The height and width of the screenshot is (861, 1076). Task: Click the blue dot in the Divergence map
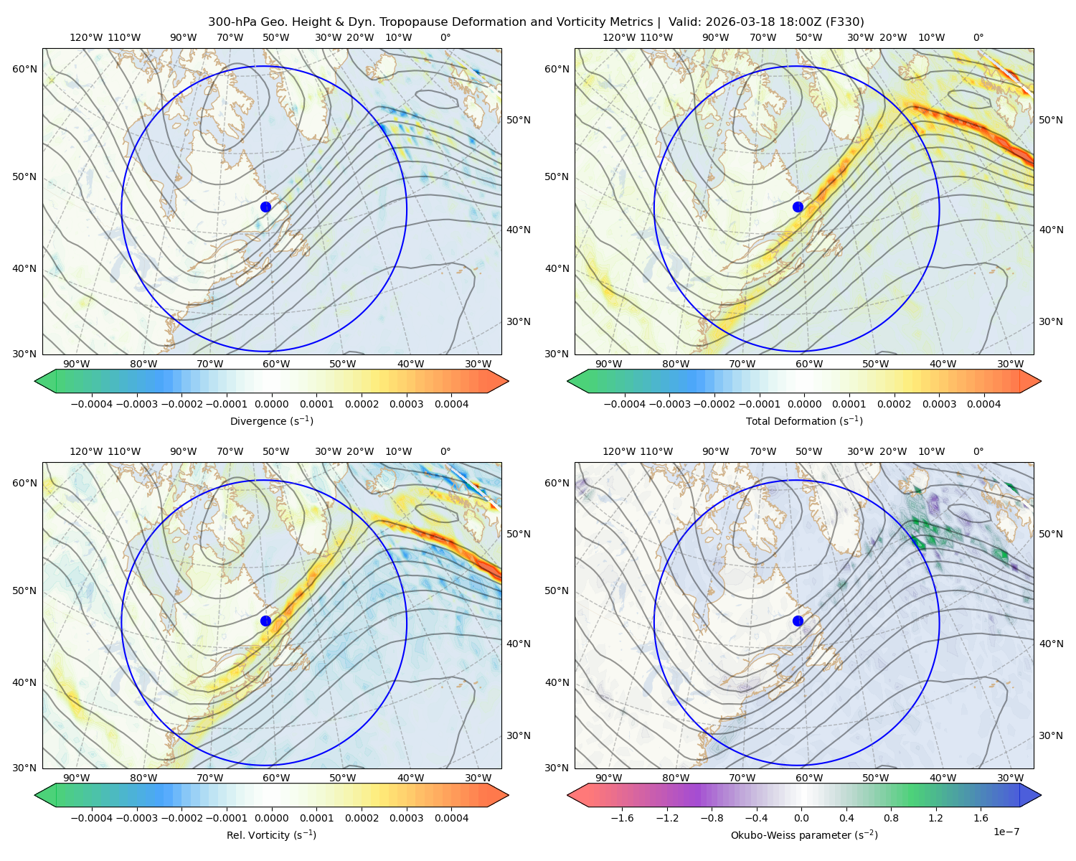click(x=265, y=207)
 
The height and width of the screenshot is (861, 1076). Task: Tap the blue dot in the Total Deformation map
click(x=798, y=207)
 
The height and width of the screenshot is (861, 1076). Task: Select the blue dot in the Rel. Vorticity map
click(x=265, y=621)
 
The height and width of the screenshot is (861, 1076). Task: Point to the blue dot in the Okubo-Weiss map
click(x=798, y=621)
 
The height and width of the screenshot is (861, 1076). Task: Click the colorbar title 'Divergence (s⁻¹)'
click(x=271, y=420)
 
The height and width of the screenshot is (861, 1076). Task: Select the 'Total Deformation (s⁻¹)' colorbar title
click(x=804, y=420)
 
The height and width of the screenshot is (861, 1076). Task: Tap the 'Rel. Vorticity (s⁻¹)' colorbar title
click(x=271, y=835)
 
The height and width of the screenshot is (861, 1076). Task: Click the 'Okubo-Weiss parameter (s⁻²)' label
click(x=804, y=835)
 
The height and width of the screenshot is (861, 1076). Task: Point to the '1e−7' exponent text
click(x=1006, y=832)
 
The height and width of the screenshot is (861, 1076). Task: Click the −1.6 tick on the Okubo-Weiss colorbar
click(x=622, y=818)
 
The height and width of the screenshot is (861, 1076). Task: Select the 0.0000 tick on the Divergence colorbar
click(x=271, y=404)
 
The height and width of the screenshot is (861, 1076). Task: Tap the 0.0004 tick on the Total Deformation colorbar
click(x=983, y=404)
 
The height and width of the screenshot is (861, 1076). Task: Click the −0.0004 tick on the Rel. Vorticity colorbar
click(x=92, y=818)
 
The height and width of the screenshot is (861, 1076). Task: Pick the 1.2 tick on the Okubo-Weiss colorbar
click(x=935, y=818)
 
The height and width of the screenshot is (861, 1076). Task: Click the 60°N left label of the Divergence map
click(x=24, y=69)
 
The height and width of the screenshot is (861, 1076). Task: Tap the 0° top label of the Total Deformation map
click(x=978, y=37)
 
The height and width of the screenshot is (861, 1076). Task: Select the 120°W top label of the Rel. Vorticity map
click(x=86, y=451)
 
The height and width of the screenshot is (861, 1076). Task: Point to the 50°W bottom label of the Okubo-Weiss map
click(x=875, y=778)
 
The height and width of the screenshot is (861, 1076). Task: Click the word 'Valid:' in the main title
click(x=684, y=22)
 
